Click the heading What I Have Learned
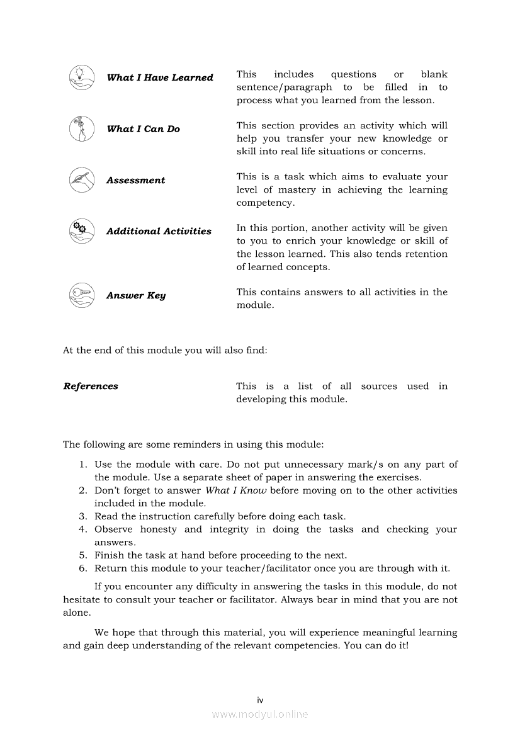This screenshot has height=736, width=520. (x=160, y=78)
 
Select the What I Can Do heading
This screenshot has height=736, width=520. (x=143, y=129)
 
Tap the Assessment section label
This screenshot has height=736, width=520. (x=135, y=181)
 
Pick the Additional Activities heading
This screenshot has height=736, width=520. (x=159, y=232)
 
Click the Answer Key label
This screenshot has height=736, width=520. (x=136, y=296)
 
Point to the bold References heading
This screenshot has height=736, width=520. (x=91, y=387)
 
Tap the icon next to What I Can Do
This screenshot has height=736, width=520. (x=81, y=129)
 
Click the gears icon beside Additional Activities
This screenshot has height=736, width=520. (x=81, y=231)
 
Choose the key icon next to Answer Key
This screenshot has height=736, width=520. (x=81, y=295)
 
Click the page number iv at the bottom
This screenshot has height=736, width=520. (x=260, y=700)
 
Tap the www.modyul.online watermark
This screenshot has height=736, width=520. (x=260, y=715)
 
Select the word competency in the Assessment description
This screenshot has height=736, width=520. (x=265, y=203)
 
